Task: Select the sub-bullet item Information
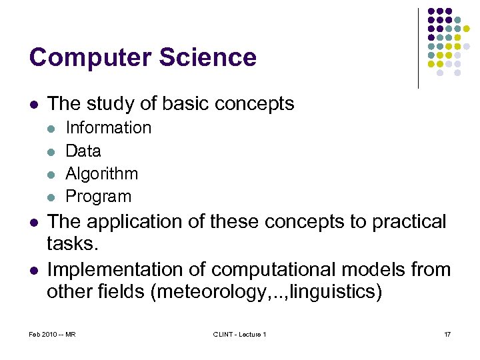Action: point(108,127)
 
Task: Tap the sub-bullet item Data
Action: point(83,151)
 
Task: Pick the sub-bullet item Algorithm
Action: point(101,174)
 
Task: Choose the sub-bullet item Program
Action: point(98,197)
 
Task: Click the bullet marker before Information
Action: point(51,128)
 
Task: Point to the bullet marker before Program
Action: point(51,197)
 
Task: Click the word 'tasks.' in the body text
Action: point(72,245)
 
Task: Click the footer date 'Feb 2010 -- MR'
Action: point(53,334)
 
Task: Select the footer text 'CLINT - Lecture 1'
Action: point(239,334)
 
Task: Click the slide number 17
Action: point(447,334)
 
